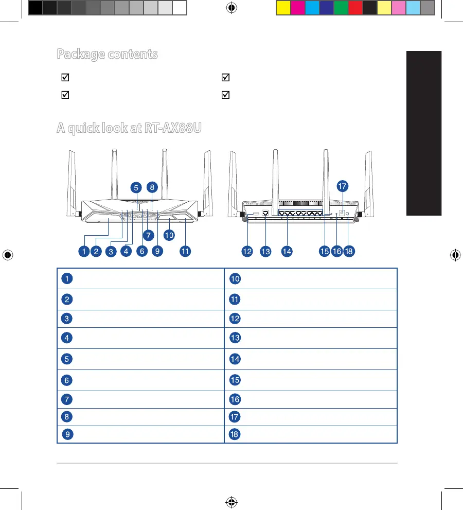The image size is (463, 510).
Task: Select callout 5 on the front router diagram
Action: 135,188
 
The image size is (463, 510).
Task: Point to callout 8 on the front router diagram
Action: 152,188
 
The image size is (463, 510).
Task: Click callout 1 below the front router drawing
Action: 83,252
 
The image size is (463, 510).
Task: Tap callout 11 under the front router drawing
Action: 185,252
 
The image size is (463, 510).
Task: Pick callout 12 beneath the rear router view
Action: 248,252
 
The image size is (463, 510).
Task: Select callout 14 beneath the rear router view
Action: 287,252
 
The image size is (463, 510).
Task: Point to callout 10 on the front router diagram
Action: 169,235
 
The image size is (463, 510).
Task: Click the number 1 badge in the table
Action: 66,279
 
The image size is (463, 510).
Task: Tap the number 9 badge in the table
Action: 66,435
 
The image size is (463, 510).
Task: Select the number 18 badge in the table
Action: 234,435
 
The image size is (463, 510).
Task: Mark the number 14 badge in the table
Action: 235,359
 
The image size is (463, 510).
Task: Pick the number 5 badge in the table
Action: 66,359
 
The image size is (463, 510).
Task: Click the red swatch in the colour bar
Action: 355,8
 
